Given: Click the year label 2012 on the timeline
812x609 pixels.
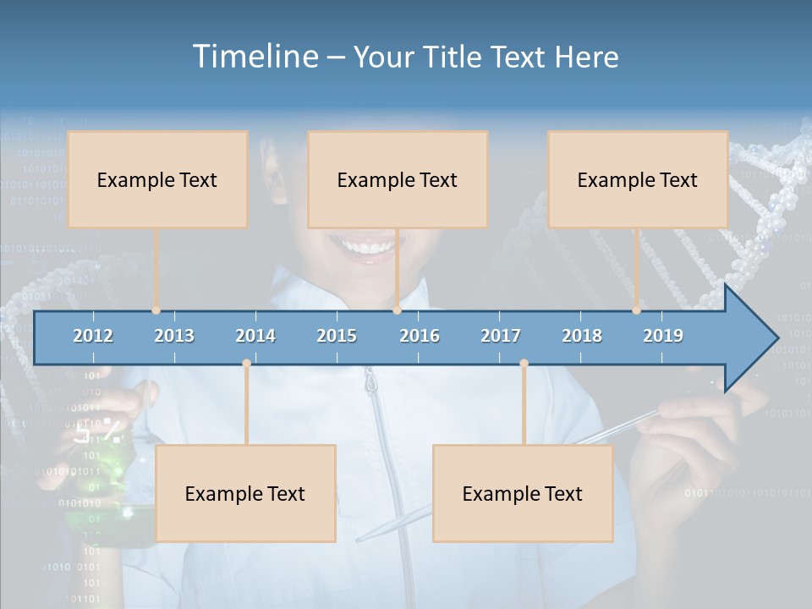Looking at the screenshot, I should tap(93, 336).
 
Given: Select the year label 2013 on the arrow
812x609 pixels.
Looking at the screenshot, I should tap(174, 336).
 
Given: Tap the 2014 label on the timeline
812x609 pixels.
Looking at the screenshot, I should tap(255, 336).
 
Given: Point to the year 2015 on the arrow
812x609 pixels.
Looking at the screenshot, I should tap(337, 336).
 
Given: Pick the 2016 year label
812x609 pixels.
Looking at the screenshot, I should tap(420, 336).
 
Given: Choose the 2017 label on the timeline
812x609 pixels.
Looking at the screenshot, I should tap(501, 336).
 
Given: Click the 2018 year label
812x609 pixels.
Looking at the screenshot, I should tap(582, 336).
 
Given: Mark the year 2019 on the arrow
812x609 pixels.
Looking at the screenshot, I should tap(663, 336).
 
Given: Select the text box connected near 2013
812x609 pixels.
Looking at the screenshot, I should tap(157, 179).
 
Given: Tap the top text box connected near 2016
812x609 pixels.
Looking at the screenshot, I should tap(398, 179).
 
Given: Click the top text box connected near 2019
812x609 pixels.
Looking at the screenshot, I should tap(638, 179).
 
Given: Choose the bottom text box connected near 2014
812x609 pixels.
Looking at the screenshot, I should tap(245, 493).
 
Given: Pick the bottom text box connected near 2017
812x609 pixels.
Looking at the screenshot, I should tap(523, 493).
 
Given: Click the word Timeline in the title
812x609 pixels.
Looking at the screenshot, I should tap(254, 57).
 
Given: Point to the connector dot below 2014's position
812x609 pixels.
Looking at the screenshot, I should tap(246, 364).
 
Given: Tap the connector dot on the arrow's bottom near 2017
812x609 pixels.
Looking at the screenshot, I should tap(524, 364).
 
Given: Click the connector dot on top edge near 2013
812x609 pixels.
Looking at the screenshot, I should tap(156, 310).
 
